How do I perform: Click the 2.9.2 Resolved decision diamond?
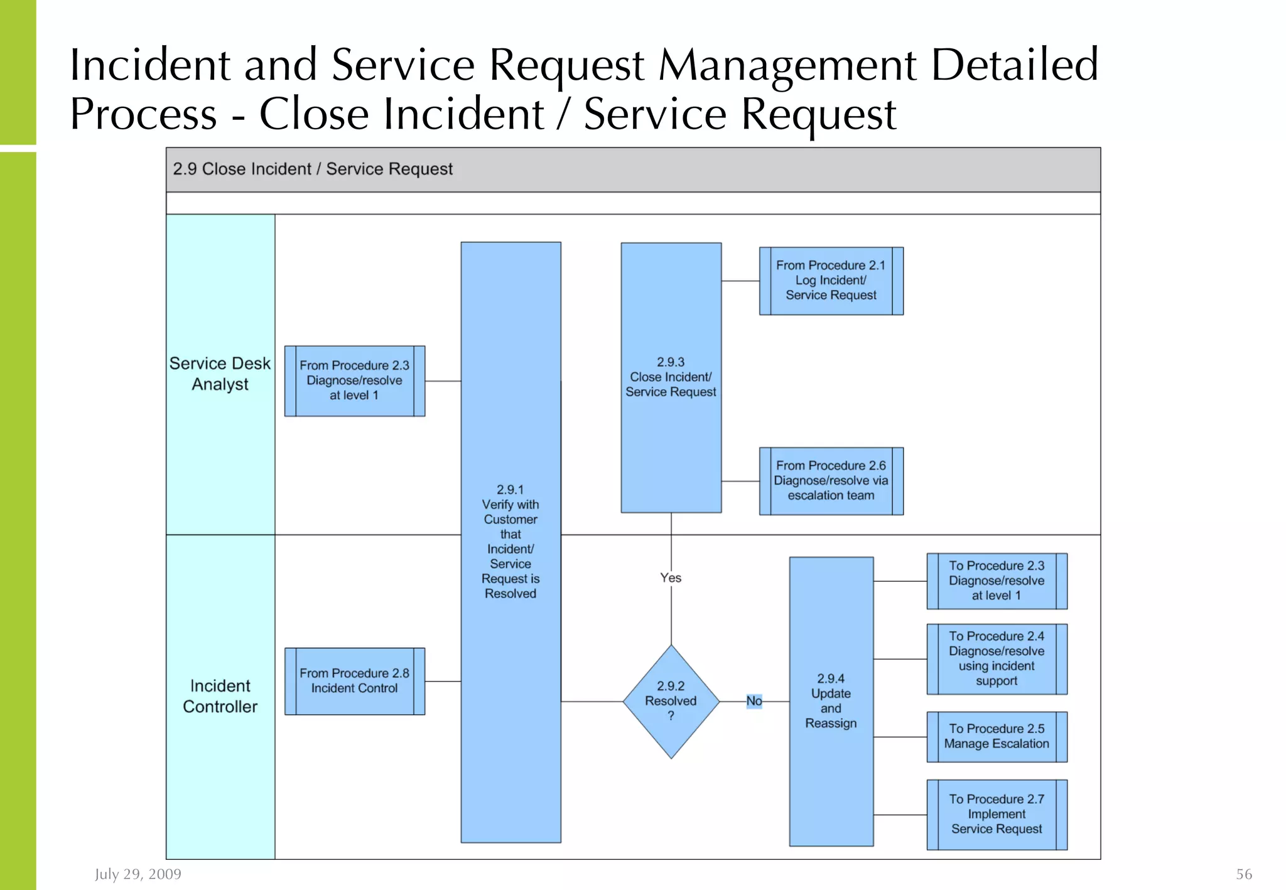(671, 701)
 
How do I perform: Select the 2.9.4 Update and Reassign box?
(831, 701)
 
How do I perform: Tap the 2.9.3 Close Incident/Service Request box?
(671, 377)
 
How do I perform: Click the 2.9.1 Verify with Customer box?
(511, 542)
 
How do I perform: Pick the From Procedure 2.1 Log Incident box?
(831, 281)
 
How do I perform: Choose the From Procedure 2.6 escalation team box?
(831, 481)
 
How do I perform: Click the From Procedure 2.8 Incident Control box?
(354, 681)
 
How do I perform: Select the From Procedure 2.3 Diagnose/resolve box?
(354, 380)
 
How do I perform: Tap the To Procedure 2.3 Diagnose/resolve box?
(997, 581)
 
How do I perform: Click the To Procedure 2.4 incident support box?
(997, 658)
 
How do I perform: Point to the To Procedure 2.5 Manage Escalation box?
(997, 736)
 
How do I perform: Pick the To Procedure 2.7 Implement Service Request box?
(997, 814)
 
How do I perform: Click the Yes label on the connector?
(671, 577)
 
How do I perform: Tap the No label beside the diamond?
(754, 700)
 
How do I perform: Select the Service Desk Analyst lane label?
(220, 373)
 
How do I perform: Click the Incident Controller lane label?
(220, 696)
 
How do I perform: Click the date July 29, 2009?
(138, 874)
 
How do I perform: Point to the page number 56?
(1244, 874)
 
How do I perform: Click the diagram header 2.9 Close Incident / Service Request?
(313, 169)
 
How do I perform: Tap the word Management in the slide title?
(787, 65)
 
